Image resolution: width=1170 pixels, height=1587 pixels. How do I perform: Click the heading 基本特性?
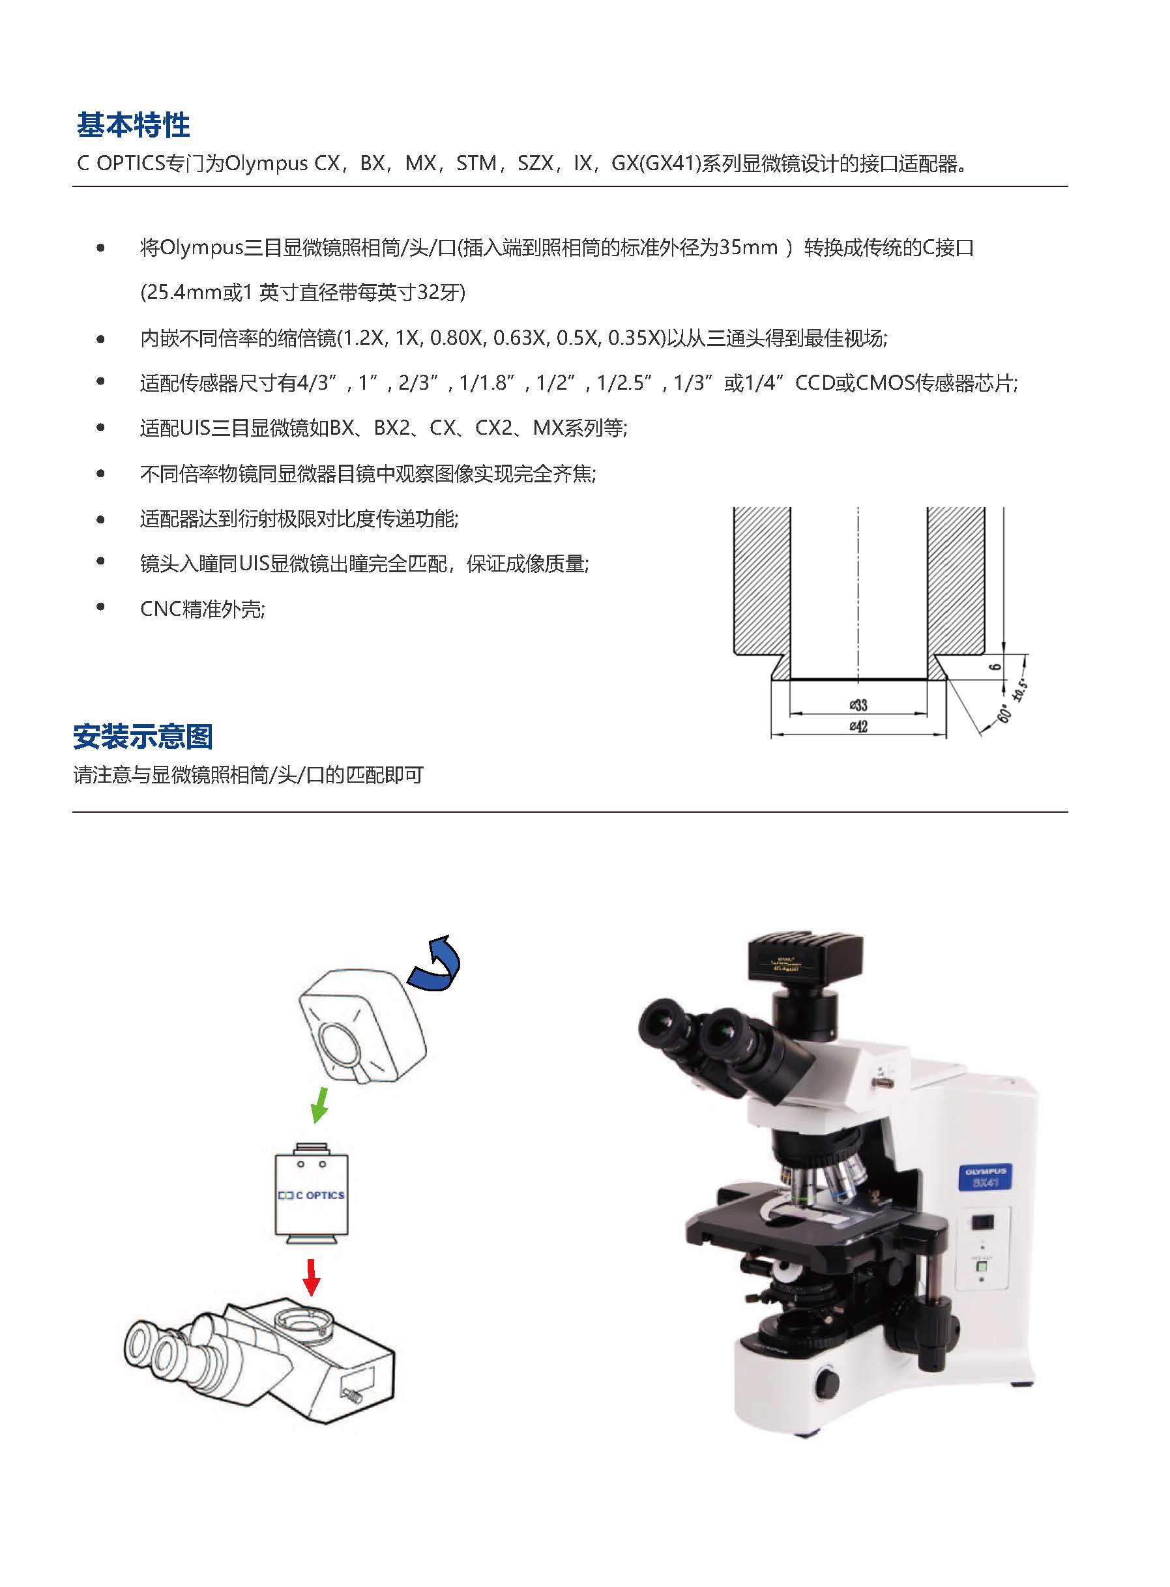coord(133,125)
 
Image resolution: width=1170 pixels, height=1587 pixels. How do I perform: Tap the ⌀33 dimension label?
coord(858,705)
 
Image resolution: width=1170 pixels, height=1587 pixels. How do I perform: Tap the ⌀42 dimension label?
coord(858,727)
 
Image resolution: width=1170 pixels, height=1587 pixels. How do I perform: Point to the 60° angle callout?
coord(1004,712)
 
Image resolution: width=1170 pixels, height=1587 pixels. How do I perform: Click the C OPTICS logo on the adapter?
coord(311,1195)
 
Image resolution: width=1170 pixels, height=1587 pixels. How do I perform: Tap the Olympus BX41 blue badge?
coord(985,1178)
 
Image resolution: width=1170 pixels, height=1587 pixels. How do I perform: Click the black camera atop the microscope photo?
coord(807,956)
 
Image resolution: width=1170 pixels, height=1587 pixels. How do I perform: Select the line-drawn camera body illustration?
coord(362,1027)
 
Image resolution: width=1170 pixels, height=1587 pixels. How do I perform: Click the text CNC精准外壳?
coord(203,609)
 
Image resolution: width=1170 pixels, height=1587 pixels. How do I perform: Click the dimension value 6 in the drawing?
coord(995,666)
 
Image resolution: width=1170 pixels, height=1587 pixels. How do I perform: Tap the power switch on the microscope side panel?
coord(983,1221)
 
